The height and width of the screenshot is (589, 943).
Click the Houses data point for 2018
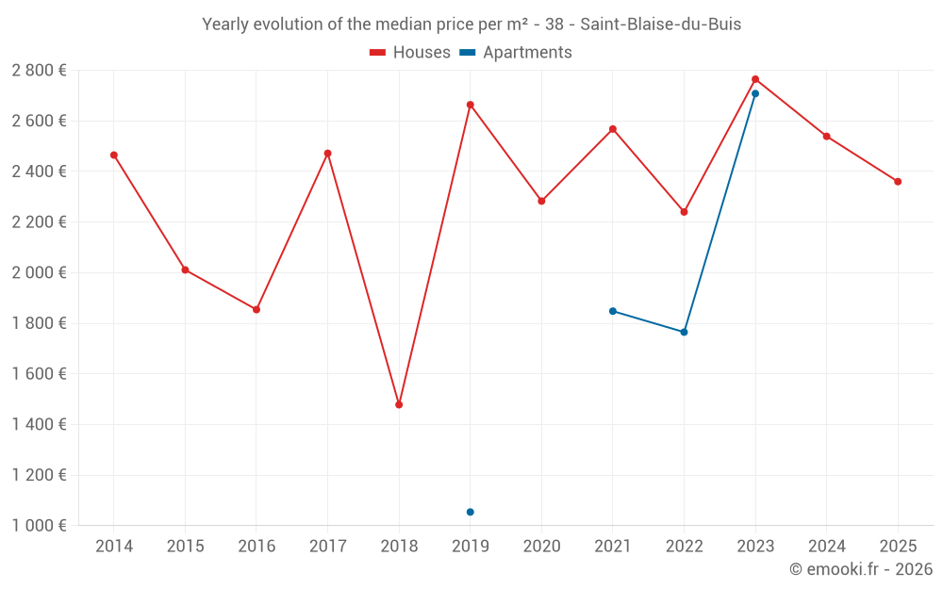coord(399,404)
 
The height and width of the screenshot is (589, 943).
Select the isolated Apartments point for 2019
coord(471,512)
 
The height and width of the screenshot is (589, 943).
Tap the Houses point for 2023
coord(755,79)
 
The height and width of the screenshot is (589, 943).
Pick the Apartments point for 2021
coord(613,311)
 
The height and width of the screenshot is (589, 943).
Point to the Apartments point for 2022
coord(684,332)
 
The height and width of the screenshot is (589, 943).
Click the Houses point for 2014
coord(114,155)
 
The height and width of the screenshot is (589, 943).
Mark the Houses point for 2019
coord(471,105)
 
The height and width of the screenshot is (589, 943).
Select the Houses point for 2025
coord(898,181)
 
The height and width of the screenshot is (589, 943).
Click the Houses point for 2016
coord(256,309)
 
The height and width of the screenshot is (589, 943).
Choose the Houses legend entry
coord(410,53)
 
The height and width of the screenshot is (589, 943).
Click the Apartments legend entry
coord(516,53)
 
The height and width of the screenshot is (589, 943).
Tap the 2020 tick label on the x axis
coord(541,546)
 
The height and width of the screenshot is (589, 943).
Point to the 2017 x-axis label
coord(327,546)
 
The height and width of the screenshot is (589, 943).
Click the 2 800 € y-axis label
coord(39,70)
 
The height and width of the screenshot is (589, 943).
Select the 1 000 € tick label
coord(39,525)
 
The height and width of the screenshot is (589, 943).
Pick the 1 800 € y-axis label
coord(39,323)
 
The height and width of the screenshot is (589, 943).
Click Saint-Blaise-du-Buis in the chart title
coord(660,25)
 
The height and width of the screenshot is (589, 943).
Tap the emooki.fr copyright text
coord(861,569)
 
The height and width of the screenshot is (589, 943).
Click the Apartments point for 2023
coord(755,93)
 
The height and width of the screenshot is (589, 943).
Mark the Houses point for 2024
coord(826,137)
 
